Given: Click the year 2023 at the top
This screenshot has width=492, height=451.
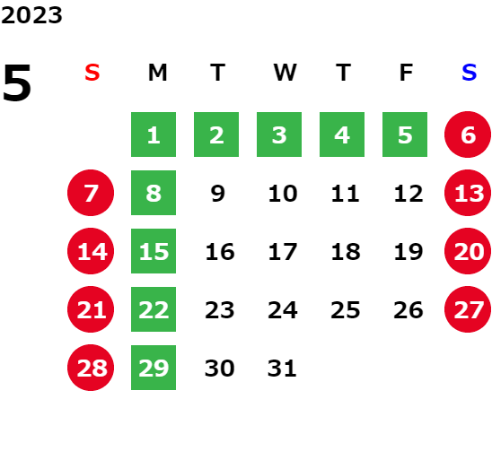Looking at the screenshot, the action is [x=31, y=15].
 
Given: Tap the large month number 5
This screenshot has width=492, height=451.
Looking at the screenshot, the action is [x=17, y=82].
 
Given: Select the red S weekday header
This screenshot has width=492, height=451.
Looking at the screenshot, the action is [x=92, y=73].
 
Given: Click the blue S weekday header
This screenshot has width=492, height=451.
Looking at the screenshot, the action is [x=469, y=73].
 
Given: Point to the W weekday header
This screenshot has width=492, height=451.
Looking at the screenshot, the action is [x=285, y=73].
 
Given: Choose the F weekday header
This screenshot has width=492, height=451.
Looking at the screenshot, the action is [x=407, y=73].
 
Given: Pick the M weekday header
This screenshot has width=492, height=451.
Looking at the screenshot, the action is [x=157, y=73].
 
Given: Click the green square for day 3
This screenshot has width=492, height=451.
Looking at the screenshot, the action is [x=279, y=134].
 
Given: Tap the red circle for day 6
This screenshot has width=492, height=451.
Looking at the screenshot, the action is [x=468, y=134].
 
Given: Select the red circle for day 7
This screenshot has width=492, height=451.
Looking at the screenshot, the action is [x=91, y=193].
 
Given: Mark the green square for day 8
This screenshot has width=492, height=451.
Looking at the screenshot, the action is [x=154, y=193].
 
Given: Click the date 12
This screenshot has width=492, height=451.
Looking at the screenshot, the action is [x=409, y=194].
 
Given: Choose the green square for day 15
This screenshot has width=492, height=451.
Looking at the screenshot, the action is [x=154, y=251].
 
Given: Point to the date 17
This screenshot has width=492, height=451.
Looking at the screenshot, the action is [x=283, y=252].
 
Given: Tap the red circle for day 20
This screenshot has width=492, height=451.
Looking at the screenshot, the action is [x=468, y=251].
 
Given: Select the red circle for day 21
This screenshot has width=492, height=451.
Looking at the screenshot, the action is [x=91, y=309].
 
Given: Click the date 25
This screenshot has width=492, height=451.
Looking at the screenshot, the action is [x=345, y=310].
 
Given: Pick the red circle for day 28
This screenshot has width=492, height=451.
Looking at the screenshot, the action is [x=91, y=368].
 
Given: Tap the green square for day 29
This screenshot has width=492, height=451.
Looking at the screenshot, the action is [x=154, y=368].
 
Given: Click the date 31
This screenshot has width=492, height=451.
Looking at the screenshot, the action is [x=282, y=369].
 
